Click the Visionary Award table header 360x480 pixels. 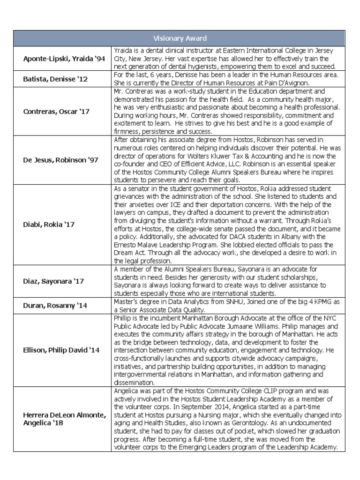[x=180, y=38]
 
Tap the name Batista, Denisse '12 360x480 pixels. [x=56, y=79]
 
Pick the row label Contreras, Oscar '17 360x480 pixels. [x=57, y=112]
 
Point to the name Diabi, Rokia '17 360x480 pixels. [x=49, y=225]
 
